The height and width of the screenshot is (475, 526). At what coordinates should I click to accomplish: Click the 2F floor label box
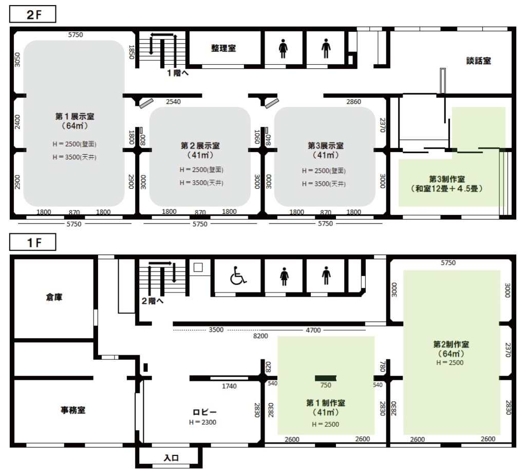(x=32, y=14)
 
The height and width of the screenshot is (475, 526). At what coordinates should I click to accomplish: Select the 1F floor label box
(x=32, y=242)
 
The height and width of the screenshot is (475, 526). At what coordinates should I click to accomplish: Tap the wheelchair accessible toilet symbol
(x=238, y=276)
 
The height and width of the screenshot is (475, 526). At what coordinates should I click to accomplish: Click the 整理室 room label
(x=223, y=48)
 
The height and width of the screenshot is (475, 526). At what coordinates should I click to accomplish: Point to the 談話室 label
(x=479, y=61)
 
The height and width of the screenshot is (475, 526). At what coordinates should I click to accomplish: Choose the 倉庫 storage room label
(x=54, y=297)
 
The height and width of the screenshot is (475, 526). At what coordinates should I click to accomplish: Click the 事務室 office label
(x=73, y=410)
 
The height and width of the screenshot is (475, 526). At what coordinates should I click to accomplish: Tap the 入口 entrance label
(x=171, y=458)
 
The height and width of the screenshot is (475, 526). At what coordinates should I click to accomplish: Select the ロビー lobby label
(x=204, y=412)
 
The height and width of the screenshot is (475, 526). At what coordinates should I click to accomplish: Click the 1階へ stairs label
(x=178, y=73)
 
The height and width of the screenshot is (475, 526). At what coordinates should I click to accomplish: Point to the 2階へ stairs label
(x=153, y=301)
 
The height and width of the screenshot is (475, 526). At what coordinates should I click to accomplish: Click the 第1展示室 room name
(x=75, y=117)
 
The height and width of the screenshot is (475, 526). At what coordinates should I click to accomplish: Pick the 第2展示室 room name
(x=200, y=145)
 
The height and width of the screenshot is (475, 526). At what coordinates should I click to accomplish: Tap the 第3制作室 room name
(x=447, y=179)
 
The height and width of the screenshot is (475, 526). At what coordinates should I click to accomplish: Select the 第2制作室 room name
(x=451, y=344)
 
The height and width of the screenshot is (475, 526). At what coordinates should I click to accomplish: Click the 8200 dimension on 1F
(x=260, y=336)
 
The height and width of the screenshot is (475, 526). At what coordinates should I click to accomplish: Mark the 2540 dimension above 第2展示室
(x=174, y=102)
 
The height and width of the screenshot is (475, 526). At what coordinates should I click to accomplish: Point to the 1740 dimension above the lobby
(x=229, y=387)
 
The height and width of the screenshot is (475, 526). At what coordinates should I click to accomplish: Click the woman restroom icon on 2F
(x=284, y=49)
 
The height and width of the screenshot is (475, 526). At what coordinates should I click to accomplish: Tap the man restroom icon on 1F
(x=326, y=276)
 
